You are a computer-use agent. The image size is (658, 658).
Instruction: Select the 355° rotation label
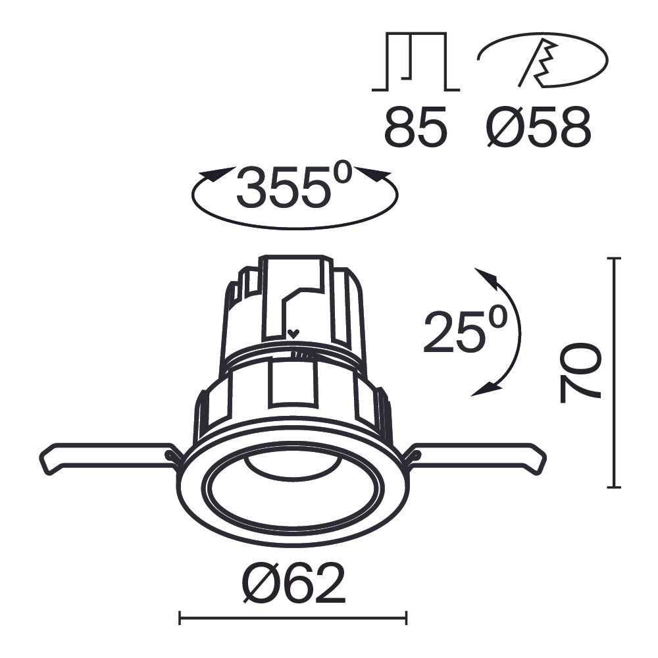tap(294, 187)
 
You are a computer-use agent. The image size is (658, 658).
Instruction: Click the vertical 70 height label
tap(580, 372)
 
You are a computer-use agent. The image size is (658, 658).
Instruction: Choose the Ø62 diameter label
tap(293, 584)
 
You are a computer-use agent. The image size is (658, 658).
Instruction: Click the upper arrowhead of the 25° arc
tap(485, 277)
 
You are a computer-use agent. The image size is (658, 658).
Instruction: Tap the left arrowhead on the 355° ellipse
tap(215, 176)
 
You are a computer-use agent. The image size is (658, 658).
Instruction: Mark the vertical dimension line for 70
tap(615, 372)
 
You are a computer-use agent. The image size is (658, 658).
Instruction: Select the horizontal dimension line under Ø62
tap(293, 617)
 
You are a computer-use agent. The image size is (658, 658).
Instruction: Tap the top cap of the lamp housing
tap(293, 263)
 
